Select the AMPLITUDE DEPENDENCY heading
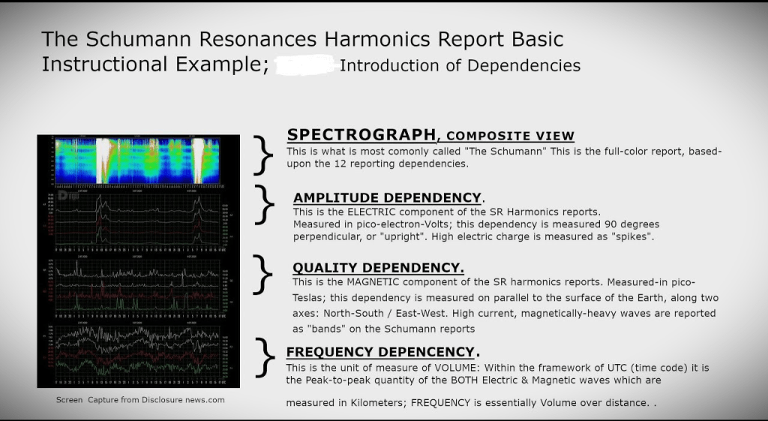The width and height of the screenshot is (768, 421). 387,198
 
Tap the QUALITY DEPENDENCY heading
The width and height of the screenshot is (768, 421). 378,268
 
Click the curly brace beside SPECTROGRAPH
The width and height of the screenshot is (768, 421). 262,155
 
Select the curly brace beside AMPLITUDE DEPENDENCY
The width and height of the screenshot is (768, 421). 265,204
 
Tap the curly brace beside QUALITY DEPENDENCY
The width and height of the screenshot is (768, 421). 262,274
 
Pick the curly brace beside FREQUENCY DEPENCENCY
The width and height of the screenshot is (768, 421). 262,357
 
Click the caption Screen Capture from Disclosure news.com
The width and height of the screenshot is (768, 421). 140,400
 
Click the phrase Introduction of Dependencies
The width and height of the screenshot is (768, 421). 460,65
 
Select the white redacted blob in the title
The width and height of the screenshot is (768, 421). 304,65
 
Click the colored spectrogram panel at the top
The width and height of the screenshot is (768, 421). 138,161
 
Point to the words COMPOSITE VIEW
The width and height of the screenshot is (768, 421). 509,136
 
